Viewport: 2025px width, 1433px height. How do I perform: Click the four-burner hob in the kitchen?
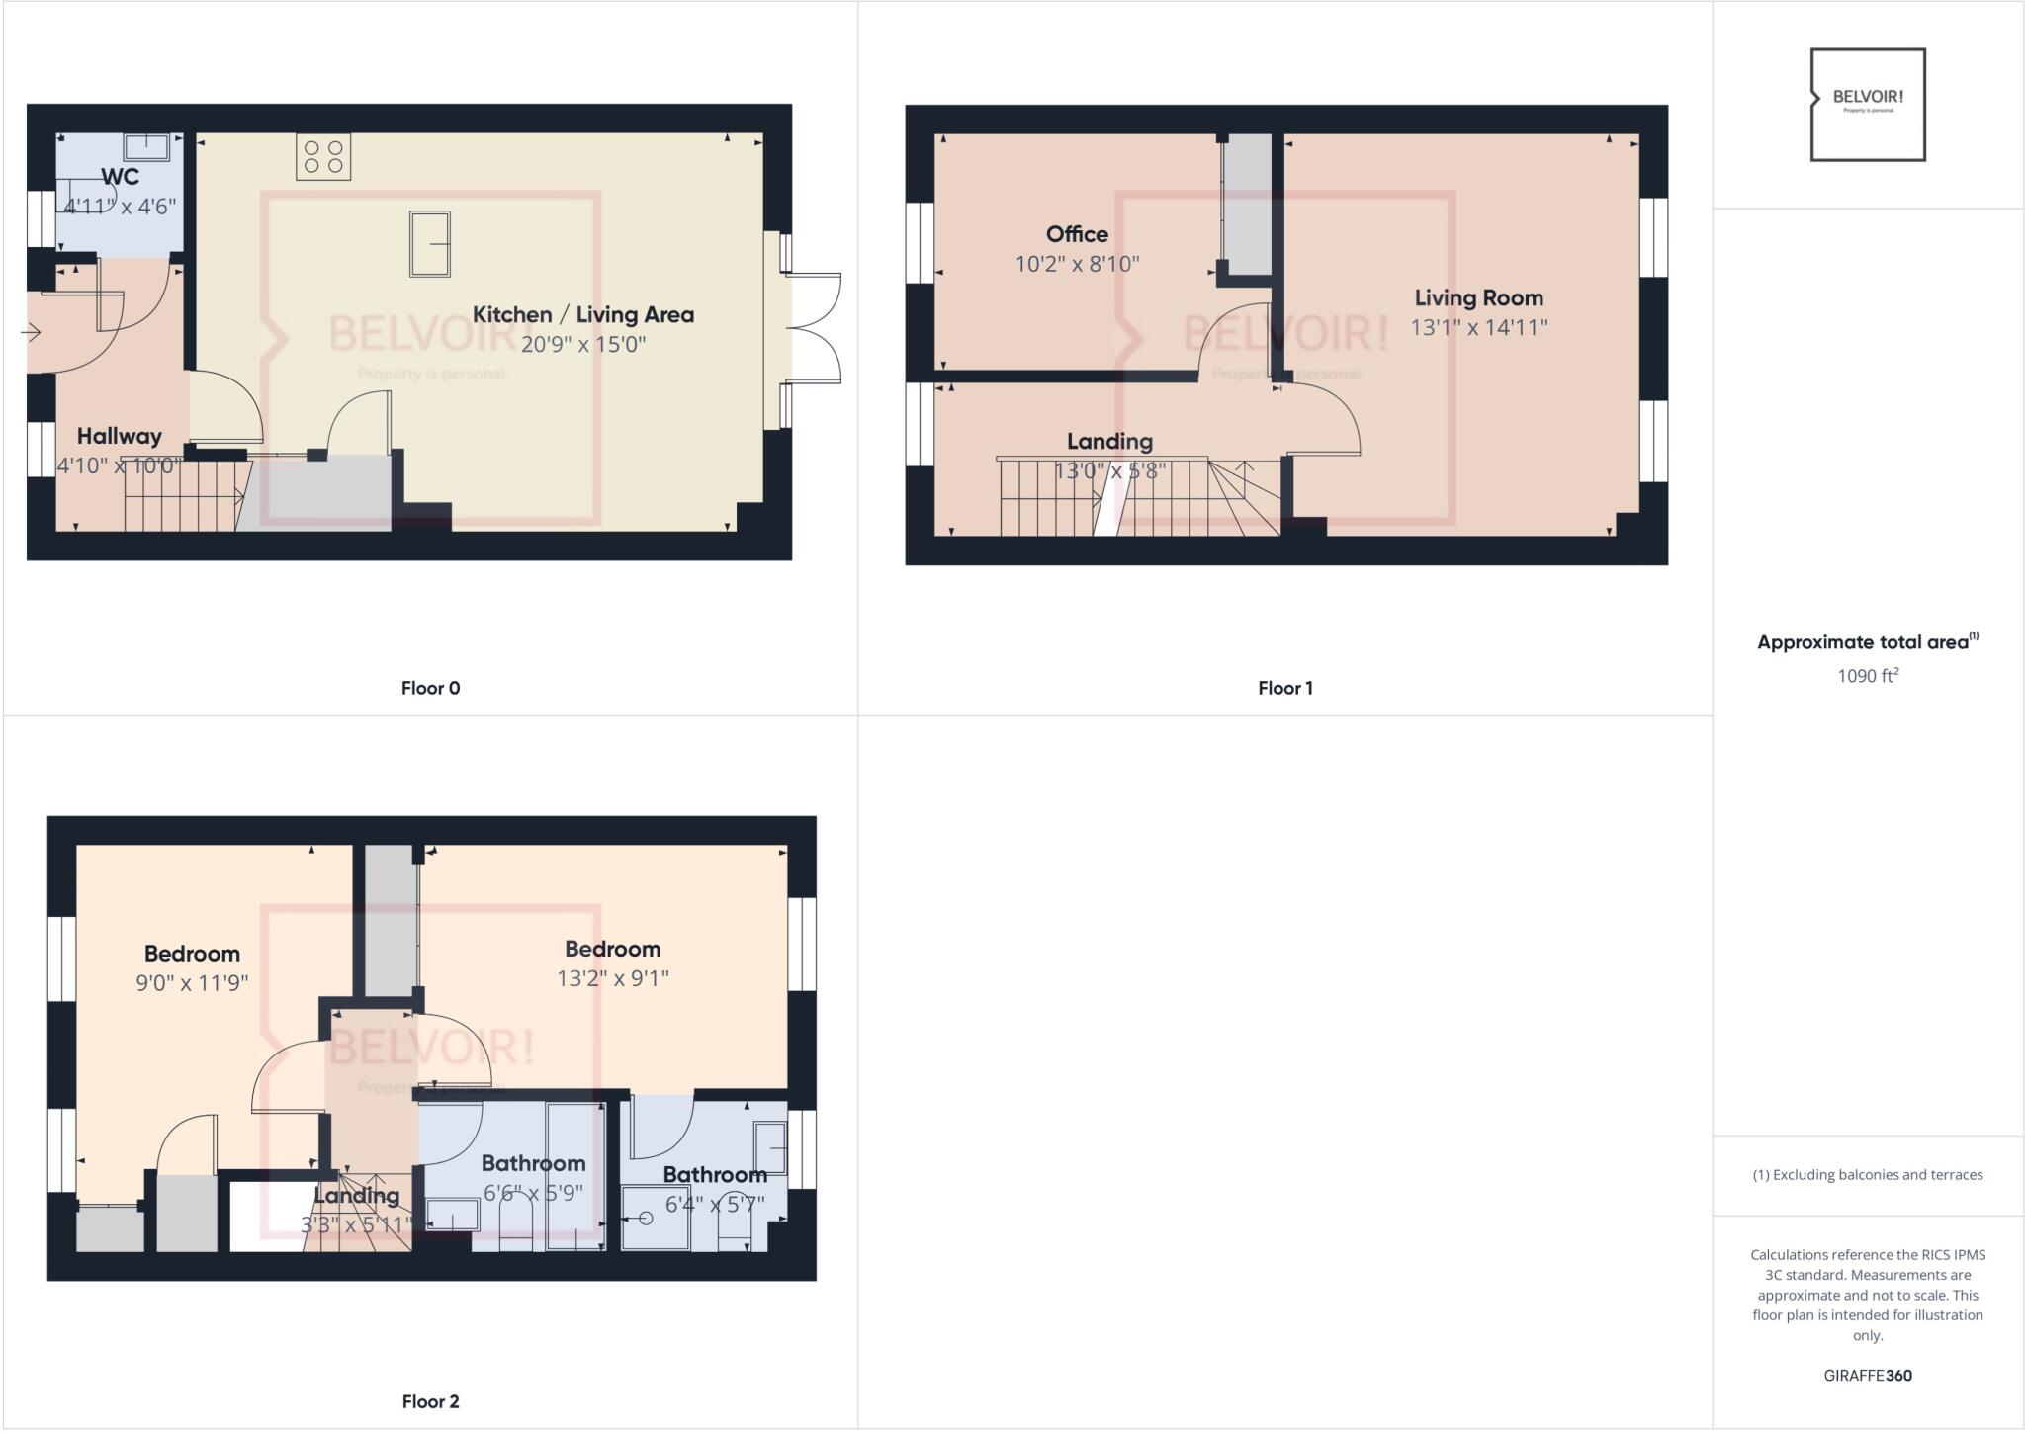pos(323,157)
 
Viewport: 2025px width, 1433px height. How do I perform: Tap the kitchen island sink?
pos(430,243)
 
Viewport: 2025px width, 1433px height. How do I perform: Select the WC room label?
pos(120,177)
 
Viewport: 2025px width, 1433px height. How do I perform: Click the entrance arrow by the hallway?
pos(30,333)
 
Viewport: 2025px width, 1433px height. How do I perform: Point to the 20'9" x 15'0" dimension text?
pos(583,345)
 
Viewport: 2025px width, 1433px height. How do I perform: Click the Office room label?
pos(1077,234)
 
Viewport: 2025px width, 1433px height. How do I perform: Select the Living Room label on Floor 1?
pos(1478,297)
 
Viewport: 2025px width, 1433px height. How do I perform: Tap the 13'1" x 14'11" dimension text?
pos(1478,327)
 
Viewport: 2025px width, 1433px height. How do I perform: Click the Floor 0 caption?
pos(430,688)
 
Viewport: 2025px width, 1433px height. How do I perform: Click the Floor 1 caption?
pos(1284,688)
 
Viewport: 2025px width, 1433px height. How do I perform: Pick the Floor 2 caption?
pos(430,1401)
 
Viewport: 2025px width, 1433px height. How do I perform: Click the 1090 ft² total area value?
pos(1868,676)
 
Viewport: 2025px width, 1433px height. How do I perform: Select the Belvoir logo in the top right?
pos(1868,104)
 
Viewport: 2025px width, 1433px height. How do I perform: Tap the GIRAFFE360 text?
pos(1868,1375)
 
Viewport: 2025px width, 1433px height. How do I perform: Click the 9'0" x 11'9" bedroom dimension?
pos(192,983)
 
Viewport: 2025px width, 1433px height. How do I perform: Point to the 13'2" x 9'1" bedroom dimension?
pos(612,978)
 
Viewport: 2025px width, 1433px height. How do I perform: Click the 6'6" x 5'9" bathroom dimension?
pos(533,1193)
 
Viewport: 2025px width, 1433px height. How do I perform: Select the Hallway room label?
pos(119,436)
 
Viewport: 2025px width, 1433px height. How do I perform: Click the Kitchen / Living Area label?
pos(583,314)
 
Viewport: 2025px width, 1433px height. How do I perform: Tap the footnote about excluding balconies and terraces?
pos(1868,1175)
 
